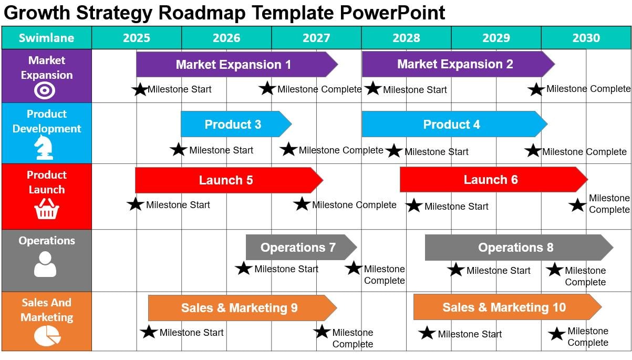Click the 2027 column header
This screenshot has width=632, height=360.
pos(316,38)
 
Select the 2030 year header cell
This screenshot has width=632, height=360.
pos(586,38)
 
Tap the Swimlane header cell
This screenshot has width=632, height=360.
pos(47,38)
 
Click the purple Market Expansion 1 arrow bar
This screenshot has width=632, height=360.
pos(234,65)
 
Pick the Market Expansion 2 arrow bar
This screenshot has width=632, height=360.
pos(455,64)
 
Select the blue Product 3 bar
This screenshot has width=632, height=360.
pos(233,125)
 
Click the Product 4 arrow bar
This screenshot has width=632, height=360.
pos(452,125)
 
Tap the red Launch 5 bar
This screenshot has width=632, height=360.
pos(226,180)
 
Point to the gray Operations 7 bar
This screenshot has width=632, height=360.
pos(298,248)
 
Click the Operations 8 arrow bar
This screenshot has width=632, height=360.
pos(516,248)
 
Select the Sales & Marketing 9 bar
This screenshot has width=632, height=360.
pos(240,308)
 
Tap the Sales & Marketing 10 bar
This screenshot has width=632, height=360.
pos(504,307)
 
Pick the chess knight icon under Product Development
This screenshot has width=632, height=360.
pos(44,148)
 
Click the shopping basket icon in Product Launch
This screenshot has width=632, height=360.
pos(47,210)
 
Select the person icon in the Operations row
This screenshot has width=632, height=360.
pos(45,264)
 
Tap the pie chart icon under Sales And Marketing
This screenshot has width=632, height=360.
pos(47,335)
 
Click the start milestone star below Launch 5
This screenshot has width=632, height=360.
pos(136,204)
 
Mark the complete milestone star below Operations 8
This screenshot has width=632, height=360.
pos(555,270)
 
